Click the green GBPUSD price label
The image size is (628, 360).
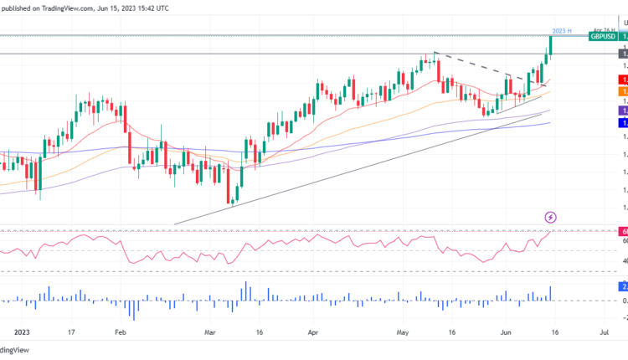pos(603,37)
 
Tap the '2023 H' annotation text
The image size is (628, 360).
pos(562,31)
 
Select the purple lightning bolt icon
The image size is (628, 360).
pos(548,218)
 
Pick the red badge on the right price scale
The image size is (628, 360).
pos(623,77)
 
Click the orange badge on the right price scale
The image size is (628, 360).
pos(623,90)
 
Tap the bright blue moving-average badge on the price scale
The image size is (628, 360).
pos(623,123)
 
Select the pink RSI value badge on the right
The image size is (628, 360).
pos(623,231)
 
